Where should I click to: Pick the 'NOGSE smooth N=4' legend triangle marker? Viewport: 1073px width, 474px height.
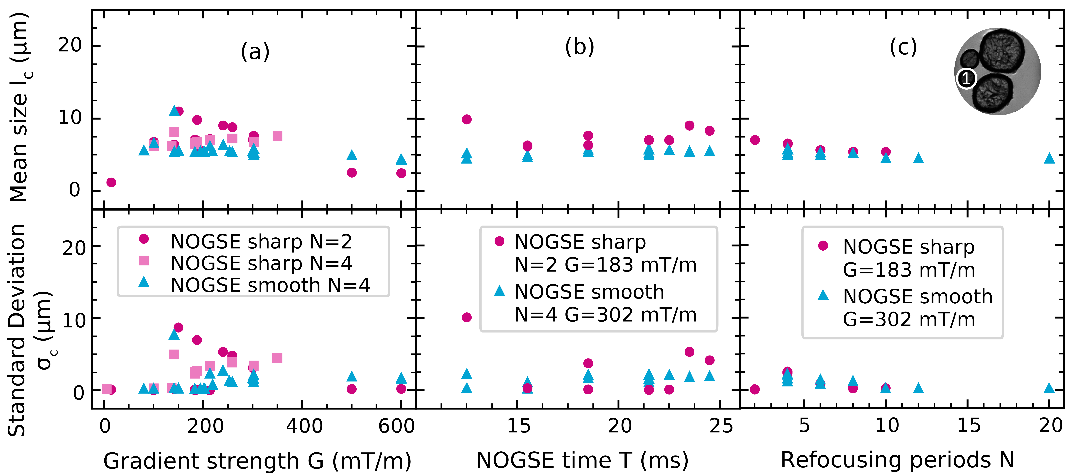144,282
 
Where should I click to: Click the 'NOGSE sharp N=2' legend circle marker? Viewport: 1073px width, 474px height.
144,238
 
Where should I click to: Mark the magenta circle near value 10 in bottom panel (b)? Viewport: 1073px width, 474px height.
467,317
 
